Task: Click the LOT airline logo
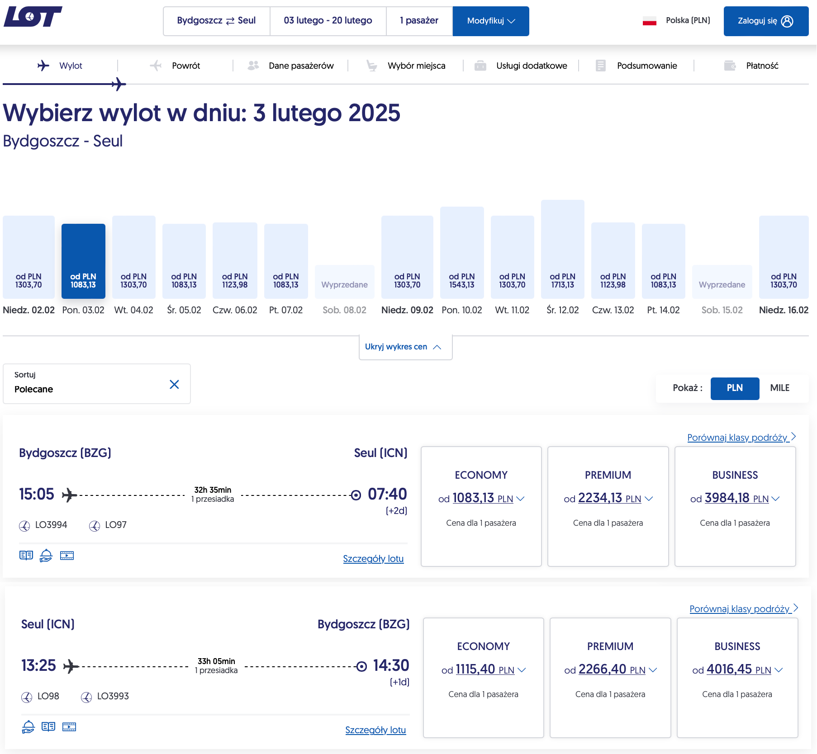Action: [x=33, y=17]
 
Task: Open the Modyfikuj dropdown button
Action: [x=491, y=21]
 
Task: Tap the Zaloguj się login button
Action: [x=766, y=21]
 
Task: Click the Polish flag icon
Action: [x=650, y=21]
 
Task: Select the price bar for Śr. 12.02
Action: [x=562, y=249]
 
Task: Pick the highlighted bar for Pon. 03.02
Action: [x=83, y=261]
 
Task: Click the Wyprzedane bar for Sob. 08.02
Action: [x=345, y=282]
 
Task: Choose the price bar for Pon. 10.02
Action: [x=462, y=253]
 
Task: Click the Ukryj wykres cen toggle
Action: [x=405, y=347]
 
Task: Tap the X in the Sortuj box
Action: [x=174, y=384]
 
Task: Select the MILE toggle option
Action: [x=779, y=388]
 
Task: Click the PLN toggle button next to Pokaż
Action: [x=735, y=388]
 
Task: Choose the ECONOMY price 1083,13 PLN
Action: [x=482, y=498]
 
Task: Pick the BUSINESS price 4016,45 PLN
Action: [x=737, y=669]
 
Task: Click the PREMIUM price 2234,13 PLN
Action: [x=608, y=498]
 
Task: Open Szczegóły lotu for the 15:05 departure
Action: [x=373, y=559]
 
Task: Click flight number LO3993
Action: [x=113, y=696]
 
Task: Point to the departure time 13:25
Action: [x=38, y=665]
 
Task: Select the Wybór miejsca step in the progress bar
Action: [x=416, y=66]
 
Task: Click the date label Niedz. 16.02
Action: [x=784, y=310]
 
